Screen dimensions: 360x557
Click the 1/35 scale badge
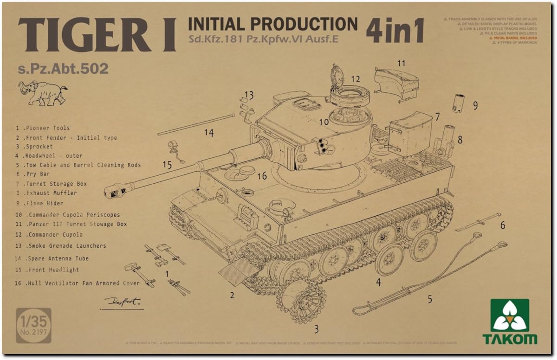(x=33, y=325)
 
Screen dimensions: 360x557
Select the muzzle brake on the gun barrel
(x=115, y=188)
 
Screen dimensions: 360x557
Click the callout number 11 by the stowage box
(x=401, y=63)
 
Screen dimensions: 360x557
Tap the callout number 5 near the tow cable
(x=430, y=299)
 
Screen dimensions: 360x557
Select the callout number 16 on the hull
(x=262, y=176)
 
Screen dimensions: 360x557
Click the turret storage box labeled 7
(x=410, y=132)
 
